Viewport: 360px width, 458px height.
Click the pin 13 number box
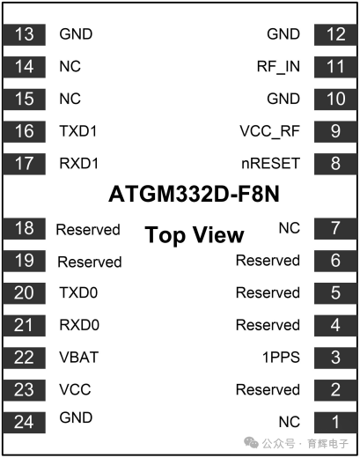24,34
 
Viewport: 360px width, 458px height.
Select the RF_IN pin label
278,67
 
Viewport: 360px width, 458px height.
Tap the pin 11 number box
335,67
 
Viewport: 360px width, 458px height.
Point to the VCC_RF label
270,131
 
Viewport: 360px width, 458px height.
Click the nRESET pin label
270,164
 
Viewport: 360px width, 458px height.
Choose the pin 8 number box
335,164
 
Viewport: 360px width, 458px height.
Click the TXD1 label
78,131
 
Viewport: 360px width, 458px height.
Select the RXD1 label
79,163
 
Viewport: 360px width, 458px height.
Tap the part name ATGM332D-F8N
194,194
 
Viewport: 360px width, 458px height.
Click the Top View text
195,235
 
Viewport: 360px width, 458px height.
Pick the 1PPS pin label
281,358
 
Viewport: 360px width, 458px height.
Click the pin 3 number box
335,358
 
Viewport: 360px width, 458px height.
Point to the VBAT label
79,358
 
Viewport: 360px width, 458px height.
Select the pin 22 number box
24,358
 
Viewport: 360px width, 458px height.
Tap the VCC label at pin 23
75,389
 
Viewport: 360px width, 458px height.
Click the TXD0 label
78,292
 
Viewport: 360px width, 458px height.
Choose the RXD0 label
79,325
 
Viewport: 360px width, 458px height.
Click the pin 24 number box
24,423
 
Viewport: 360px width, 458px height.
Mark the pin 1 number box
335,423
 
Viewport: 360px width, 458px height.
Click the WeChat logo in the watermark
251,442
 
